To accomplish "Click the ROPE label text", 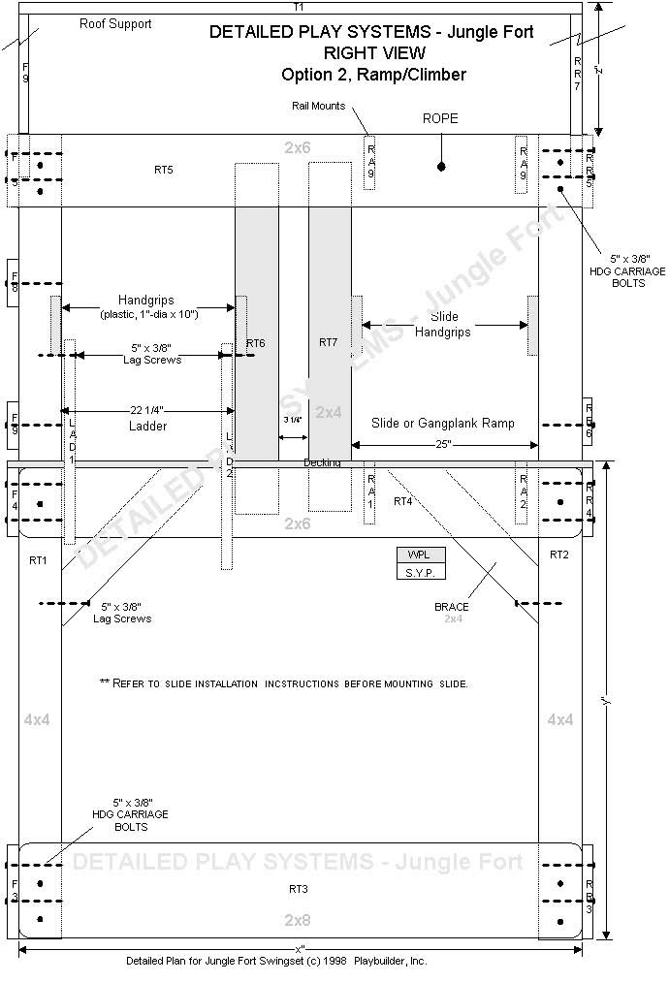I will (x=440, y=118).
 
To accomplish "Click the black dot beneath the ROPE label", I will (x=441, y=167).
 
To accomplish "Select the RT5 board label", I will (x=164, y=170).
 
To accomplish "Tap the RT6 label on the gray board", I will (x=256, y=343).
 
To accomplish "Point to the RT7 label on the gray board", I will (x=328, y=342).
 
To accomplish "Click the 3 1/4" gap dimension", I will (x=292, y=420).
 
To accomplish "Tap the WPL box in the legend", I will (x=420, y=555).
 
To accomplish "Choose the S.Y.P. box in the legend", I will (x=420, y=572).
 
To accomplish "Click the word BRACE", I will (x=452, y=607).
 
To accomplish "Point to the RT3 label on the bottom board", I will (x=299, y=888).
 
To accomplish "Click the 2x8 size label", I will (x=298, y=919).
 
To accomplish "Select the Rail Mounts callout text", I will (x=317, y=106).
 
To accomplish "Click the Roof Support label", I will (x=115, y=24).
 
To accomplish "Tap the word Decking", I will (x=322, y=462).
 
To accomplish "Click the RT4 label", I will (x=402, y=501).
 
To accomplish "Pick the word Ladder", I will (x=147, y=427).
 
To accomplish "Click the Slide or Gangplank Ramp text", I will (x=442, y=424).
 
